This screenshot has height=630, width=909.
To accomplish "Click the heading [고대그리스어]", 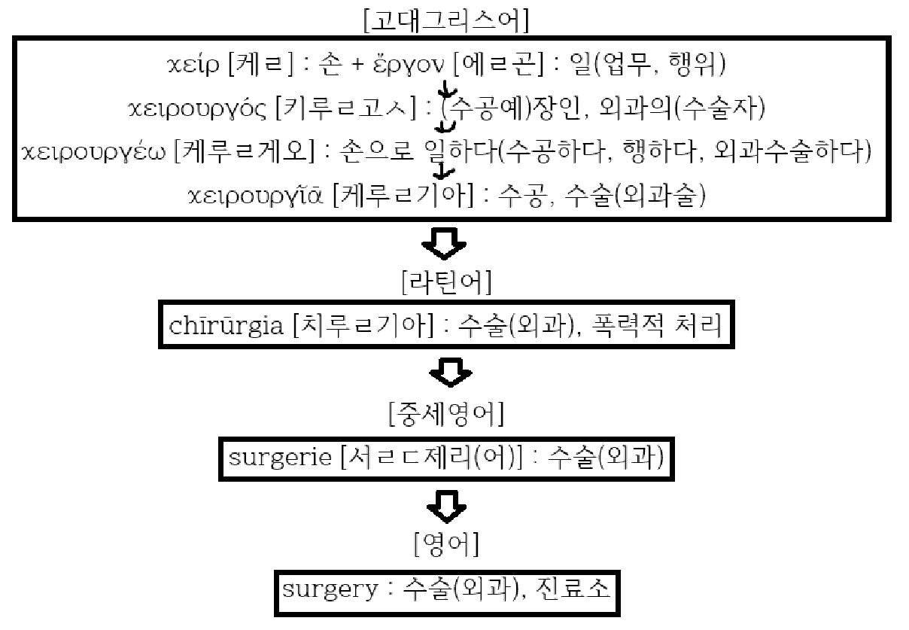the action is coord(445,20).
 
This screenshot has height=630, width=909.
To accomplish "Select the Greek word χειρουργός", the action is coord(198,109).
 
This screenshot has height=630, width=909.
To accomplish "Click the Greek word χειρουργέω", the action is coord(95,153).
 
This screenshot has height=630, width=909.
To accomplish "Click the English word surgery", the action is coord(330,588).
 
